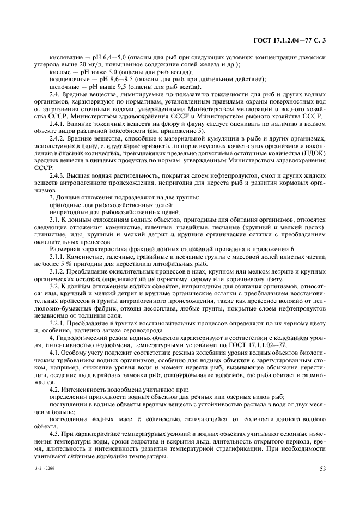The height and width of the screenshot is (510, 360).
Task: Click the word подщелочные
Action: pyautogui.click(x=68, y=78)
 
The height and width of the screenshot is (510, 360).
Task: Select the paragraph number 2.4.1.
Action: pyautogui.click(x=58, y=124)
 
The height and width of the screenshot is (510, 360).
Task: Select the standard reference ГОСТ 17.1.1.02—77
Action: pyautogui.click(x=253, y=345)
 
